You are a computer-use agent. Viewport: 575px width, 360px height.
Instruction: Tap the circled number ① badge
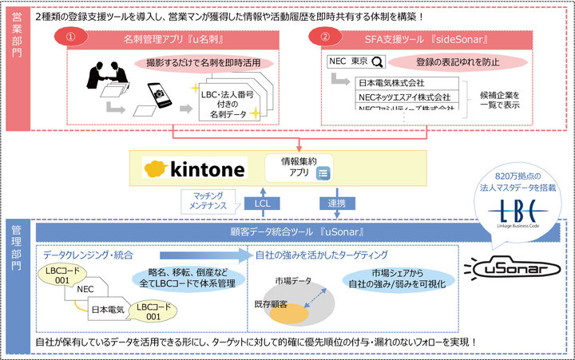71,37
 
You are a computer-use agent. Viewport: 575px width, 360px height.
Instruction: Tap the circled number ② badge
324,37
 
